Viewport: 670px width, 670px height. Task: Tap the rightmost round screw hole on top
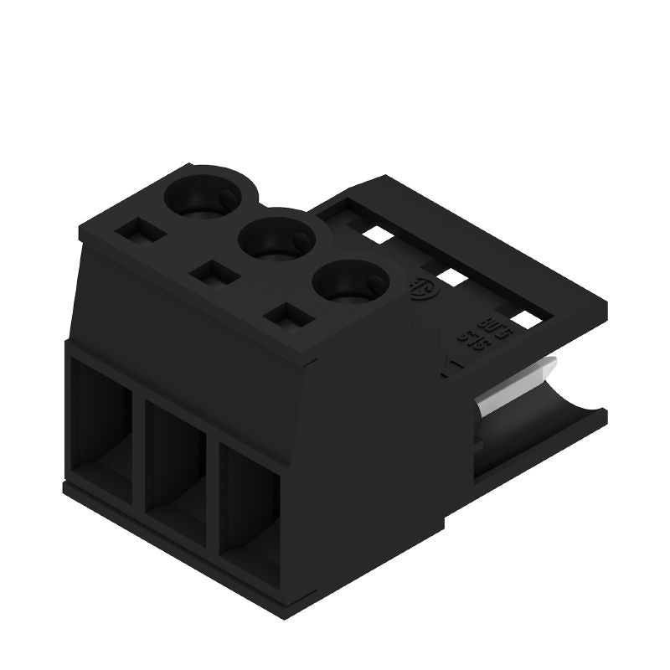coord(349,285)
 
